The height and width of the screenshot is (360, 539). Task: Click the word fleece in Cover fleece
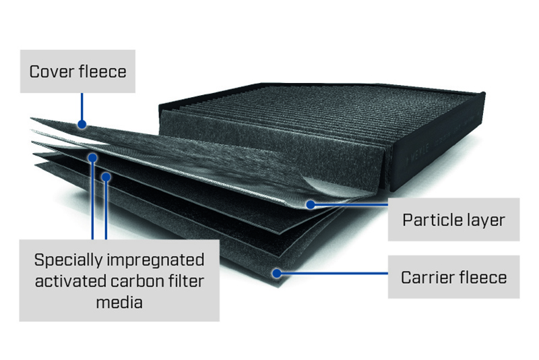pyautogui.click(x=102, y=71)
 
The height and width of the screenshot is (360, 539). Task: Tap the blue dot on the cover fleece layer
pyautogui.click(x=82, y=124)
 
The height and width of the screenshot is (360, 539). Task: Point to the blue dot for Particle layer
pyautogui.click(x=311, y=204)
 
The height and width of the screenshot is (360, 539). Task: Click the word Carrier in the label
pyautogui.click(x=427, y=278)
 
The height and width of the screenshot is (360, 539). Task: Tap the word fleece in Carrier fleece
pyautogui.click(x=483, y=277)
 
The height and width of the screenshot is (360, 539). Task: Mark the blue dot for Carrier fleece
pyautogui.click(x=277, y=273)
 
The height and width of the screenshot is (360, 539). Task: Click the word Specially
pyautogui.click(x=68, y=261)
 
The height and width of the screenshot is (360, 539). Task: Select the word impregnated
pyautogui.click(x=156, y=261)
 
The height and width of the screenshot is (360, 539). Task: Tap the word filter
pyautogui.click(x=187, y=281)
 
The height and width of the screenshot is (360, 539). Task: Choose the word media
pyautogui.click(x=119, y=303)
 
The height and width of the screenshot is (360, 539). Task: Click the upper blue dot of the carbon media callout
pyautogui.click(x=92, y=158)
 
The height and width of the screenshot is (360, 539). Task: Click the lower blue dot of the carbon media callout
pyautogui.click(x=106, y=177)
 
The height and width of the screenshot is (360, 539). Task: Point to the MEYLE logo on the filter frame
pyautogui.click(x=417, y=153)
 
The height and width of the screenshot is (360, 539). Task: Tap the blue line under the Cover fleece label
pyautogui.click(x=82, y=107)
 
